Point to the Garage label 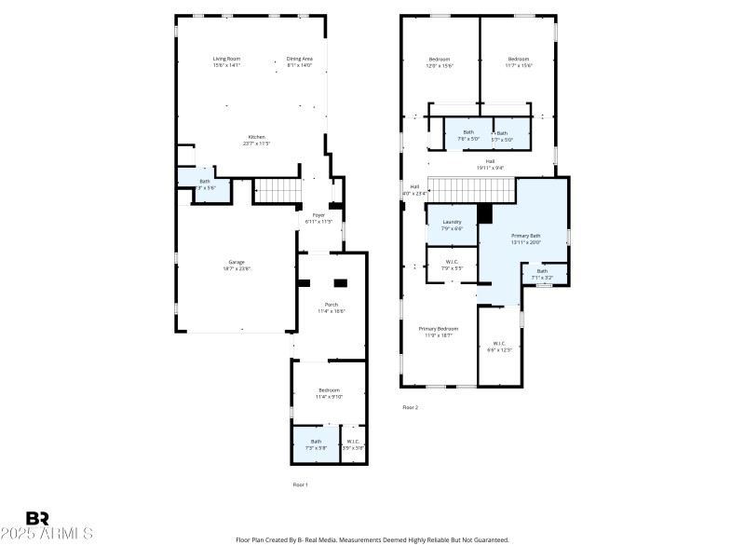237,265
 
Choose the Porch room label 331,307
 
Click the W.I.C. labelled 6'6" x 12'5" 499,347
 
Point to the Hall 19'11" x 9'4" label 490,163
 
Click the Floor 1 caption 300,484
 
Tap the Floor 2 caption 411,407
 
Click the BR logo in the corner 37,518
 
